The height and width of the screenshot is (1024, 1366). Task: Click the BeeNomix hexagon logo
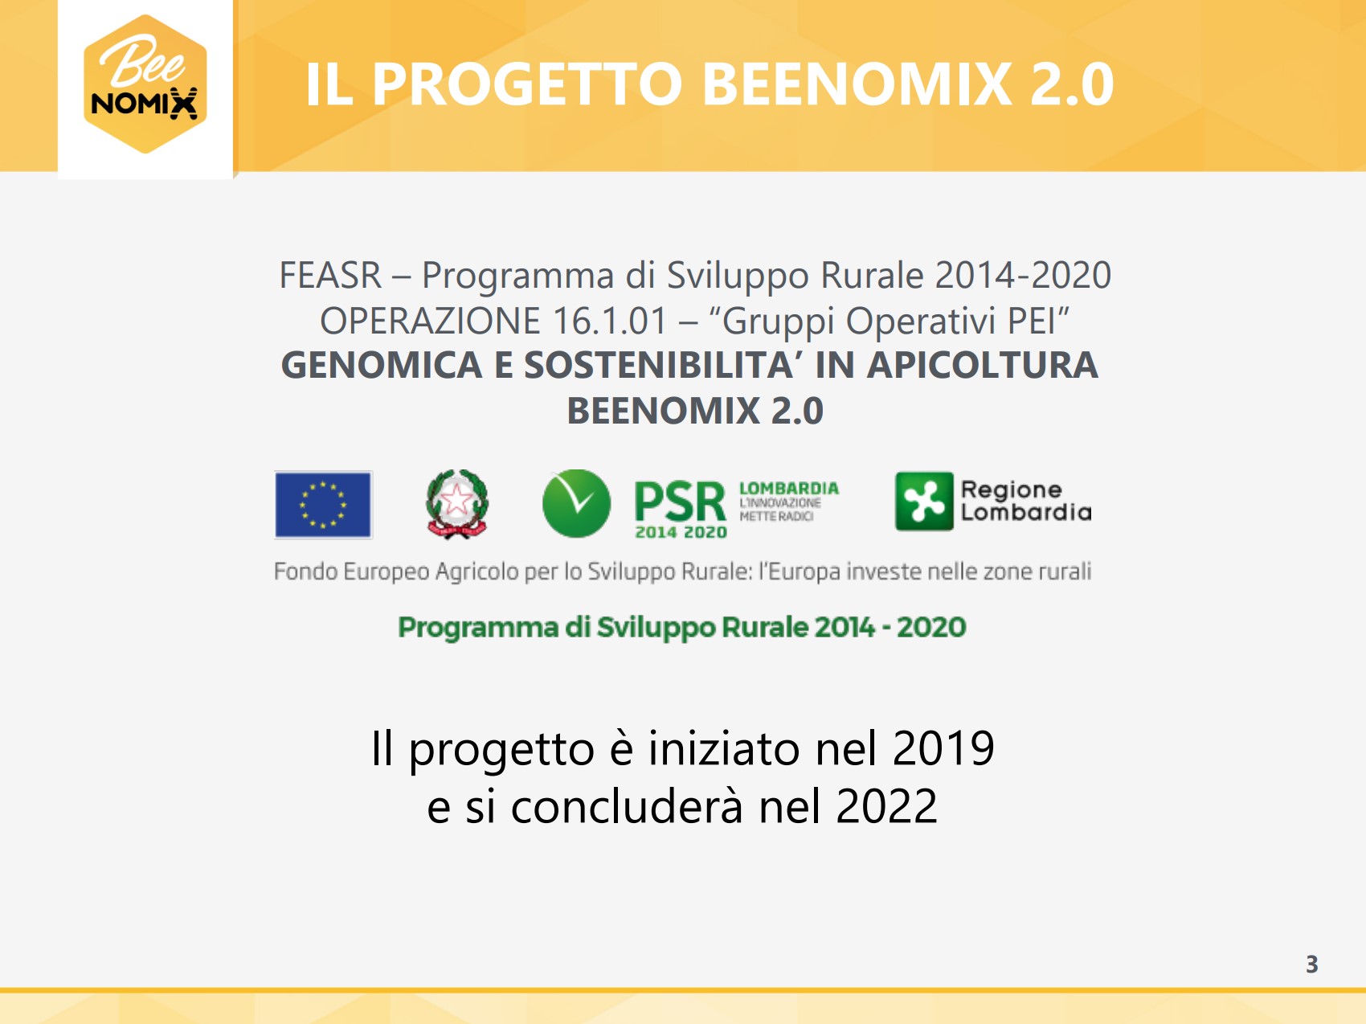(x=145, y=84)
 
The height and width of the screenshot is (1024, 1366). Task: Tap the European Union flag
(x=323, y=505)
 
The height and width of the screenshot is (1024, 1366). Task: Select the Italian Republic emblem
(x=457, y=504)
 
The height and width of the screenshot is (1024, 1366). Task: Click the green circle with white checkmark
(x=576, y=504)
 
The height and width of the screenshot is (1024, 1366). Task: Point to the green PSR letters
(x=680, y=502)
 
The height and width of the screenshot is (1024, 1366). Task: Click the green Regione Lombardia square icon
(x=924, y=502)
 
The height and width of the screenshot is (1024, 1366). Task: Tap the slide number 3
(x=1311, y=964)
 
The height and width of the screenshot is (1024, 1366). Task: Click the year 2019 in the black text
(x=943, y=748)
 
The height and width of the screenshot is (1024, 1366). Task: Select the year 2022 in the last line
(x=886, y=806)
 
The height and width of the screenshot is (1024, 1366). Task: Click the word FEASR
(x=330, y=276)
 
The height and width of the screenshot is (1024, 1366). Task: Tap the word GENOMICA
(x=382, y=365)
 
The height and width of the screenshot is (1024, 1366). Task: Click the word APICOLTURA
(x=982, y=365)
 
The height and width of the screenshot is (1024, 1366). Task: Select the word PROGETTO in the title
(x=527, y=84)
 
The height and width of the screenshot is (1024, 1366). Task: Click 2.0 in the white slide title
(x=1072, y=84)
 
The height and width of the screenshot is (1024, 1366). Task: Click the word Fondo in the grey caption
(x=305, y=571)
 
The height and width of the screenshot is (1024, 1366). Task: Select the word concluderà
(x=627, y=806)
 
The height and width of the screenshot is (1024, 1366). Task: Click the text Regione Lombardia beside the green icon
(x=1026, y=501)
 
